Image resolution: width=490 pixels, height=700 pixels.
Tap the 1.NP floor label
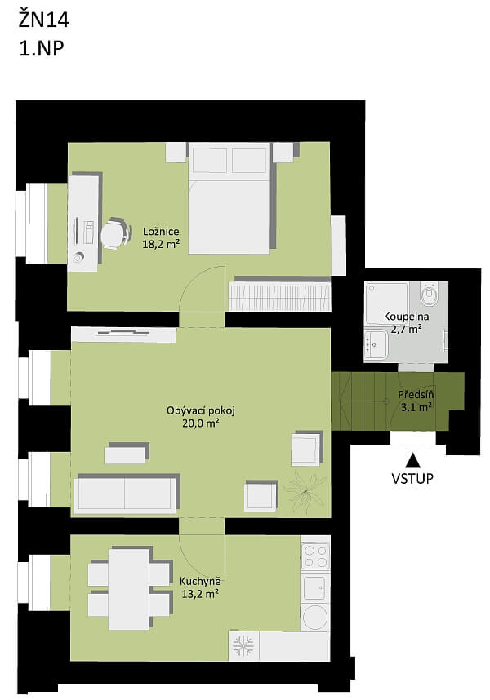(x=41, y=47)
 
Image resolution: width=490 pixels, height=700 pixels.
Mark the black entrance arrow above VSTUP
(x=412, y=459)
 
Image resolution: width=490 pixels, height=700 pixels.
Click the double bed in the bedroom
(x=229, y=198)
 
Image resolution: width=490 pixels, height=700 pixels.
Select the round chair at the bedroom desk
(x=113, y=235)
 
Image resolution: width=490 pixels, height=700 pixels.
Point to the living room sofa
(x=125, y=494)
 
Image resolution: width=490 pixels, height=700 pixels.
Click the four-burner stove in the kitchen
(x=315, y=556)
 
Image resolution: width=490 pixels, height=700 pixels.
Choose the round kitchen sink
(x=315, y=617)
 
